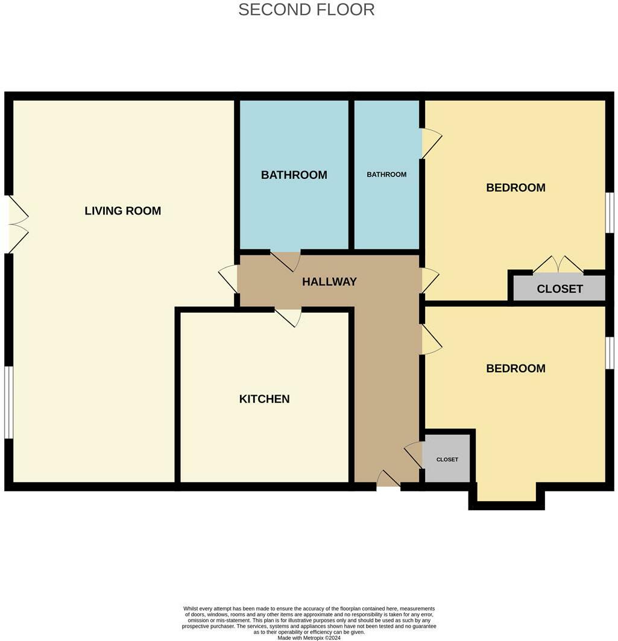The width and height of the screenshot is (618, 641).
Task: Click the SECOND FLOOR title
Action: point(306,10)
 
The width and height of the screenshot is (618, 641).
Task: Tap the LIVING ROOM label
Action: point(122,211)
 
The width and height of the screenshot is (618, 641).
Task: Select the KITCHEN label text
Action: point(264,399)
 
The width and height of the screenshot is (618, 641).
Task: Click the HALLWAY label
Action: point(329,281)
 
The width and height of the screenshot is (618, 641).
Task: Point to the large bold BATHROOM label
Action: point(294,175)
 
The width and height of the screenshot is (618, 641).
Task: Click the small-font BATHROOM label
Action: point(386,174)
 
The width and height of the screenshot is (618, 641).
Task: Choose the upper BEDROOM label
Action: point(516,187)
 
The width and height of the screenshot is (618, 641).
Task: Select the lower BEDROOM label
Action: point(516,368)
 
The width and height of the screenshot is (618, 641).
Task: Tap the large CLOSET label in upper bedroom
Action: point(560,289)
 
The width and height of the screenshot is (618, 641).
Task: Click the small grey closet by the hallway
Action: point(447,459)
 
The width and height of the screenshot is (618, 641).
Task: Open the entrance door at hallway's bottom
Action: point(388,480)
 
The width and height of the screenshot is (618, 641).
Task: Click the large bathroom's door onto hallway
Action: point(286,261)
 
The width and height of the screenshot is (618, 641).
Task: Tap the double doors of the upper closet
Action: point(558,265)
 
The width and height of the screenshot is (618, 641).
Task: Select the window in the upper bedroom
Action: point(610,213)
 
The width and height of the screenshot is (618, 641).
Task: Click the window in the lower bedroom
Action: point(610,353)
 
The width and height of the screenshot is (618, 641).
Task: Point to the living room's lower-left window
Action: point(8,402)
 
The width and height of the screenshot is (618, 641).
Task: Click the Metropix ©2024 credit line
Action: point(309,637)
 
